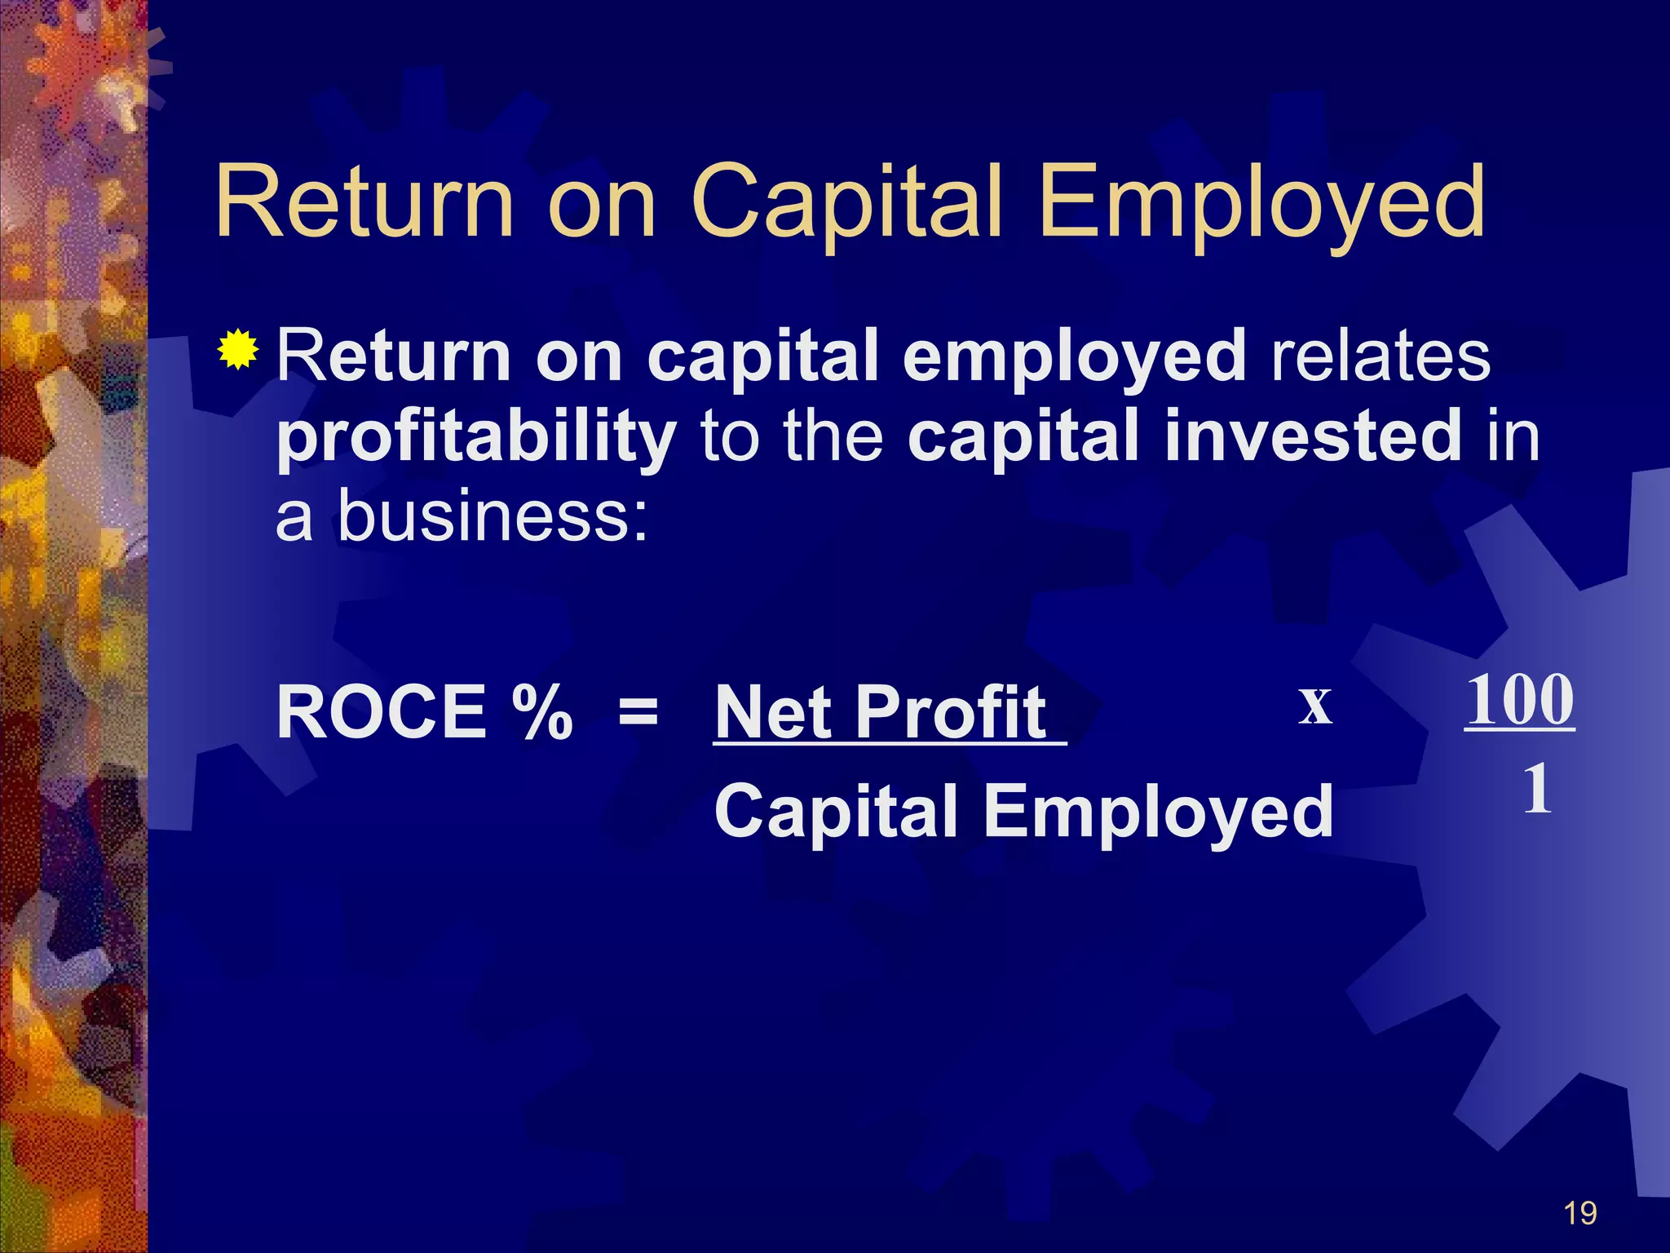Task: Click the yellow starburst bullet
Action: tap(238, 350)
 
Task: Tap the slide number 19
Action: tap(1580, 1214)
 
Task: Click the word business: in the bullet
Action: tap(493, 516)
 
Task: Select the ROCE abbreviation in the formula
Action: tap(382, 711)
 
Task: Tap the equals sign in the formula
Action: tap(638, 711)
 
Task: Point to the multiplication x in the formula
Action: tap(1315, 705)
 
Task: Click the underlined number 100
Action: tap(1520, 699)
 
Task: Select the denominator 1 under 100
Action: tap(1537, 789)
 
